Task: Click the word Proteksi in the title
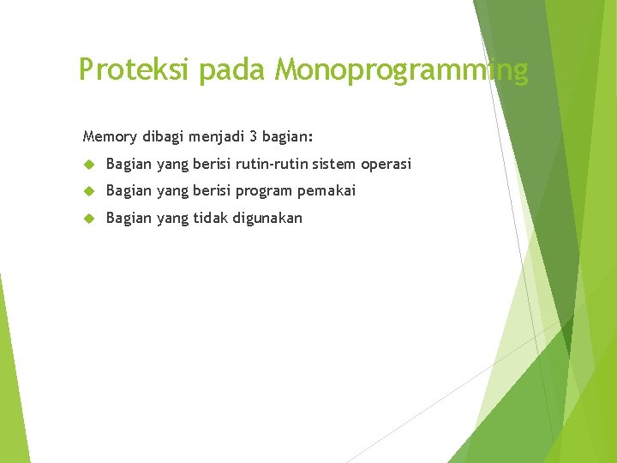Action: (134, 69)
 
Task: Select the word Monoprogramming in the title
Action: (401, 69)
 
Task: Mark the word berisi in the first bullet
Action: (211, 163)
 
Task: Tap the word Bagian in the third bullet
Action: (129, 219)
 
